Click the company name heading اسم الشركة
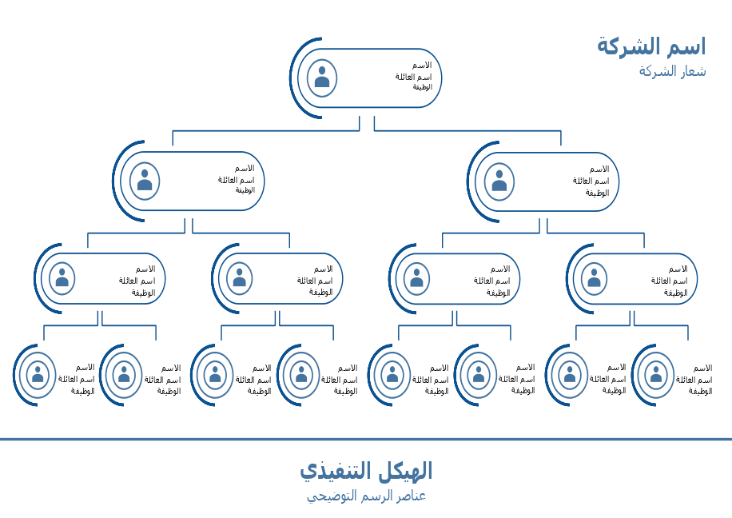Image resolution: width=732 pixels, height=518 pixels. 651,46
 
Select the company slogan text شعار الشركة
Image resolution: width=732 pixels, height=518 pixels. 672,71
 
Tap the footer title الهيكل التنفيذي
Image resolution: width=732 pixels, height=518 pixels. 366,471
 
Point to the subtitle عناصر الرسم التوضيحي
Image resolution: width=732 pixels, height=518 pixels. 366,496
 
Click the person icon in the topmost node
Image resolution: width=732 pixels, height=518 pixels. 322,78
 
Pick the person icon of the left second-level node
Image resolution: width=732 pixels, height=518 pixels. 145,181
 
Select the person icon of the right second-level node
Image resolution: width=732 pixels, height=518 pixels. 499,181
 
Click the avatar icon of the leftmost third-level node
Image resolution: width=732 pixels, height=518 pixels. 62,278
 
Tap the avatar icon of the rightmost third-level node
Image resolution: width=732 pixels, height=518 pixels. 594,278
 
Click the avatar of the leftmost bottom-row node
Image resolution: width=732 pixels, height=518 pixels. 38,375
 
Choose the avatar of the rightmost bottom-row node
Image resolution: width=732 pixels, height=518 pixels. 656,375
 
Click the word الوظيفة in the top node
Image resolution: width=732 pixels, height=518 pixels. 422,87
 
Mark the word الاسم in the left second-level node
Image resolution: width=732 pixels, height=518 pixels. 244,169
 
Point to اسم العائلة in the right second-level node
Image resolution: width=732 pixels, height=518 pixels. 591,181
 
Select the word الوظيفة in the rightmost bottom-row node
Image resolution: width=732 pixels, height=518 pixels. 700,392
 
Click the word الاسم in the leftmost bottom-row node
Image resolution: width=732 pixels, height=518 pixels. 85,368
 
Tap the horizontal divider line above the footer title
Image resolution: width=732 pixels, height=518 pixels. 366,439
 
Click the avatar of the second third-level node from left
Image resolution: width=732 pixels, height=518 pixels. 240,278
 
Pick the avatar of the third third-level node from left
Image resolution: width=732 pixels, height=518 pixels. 416,278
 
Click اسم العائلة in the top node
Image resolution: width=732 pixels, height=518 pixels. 413,77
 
